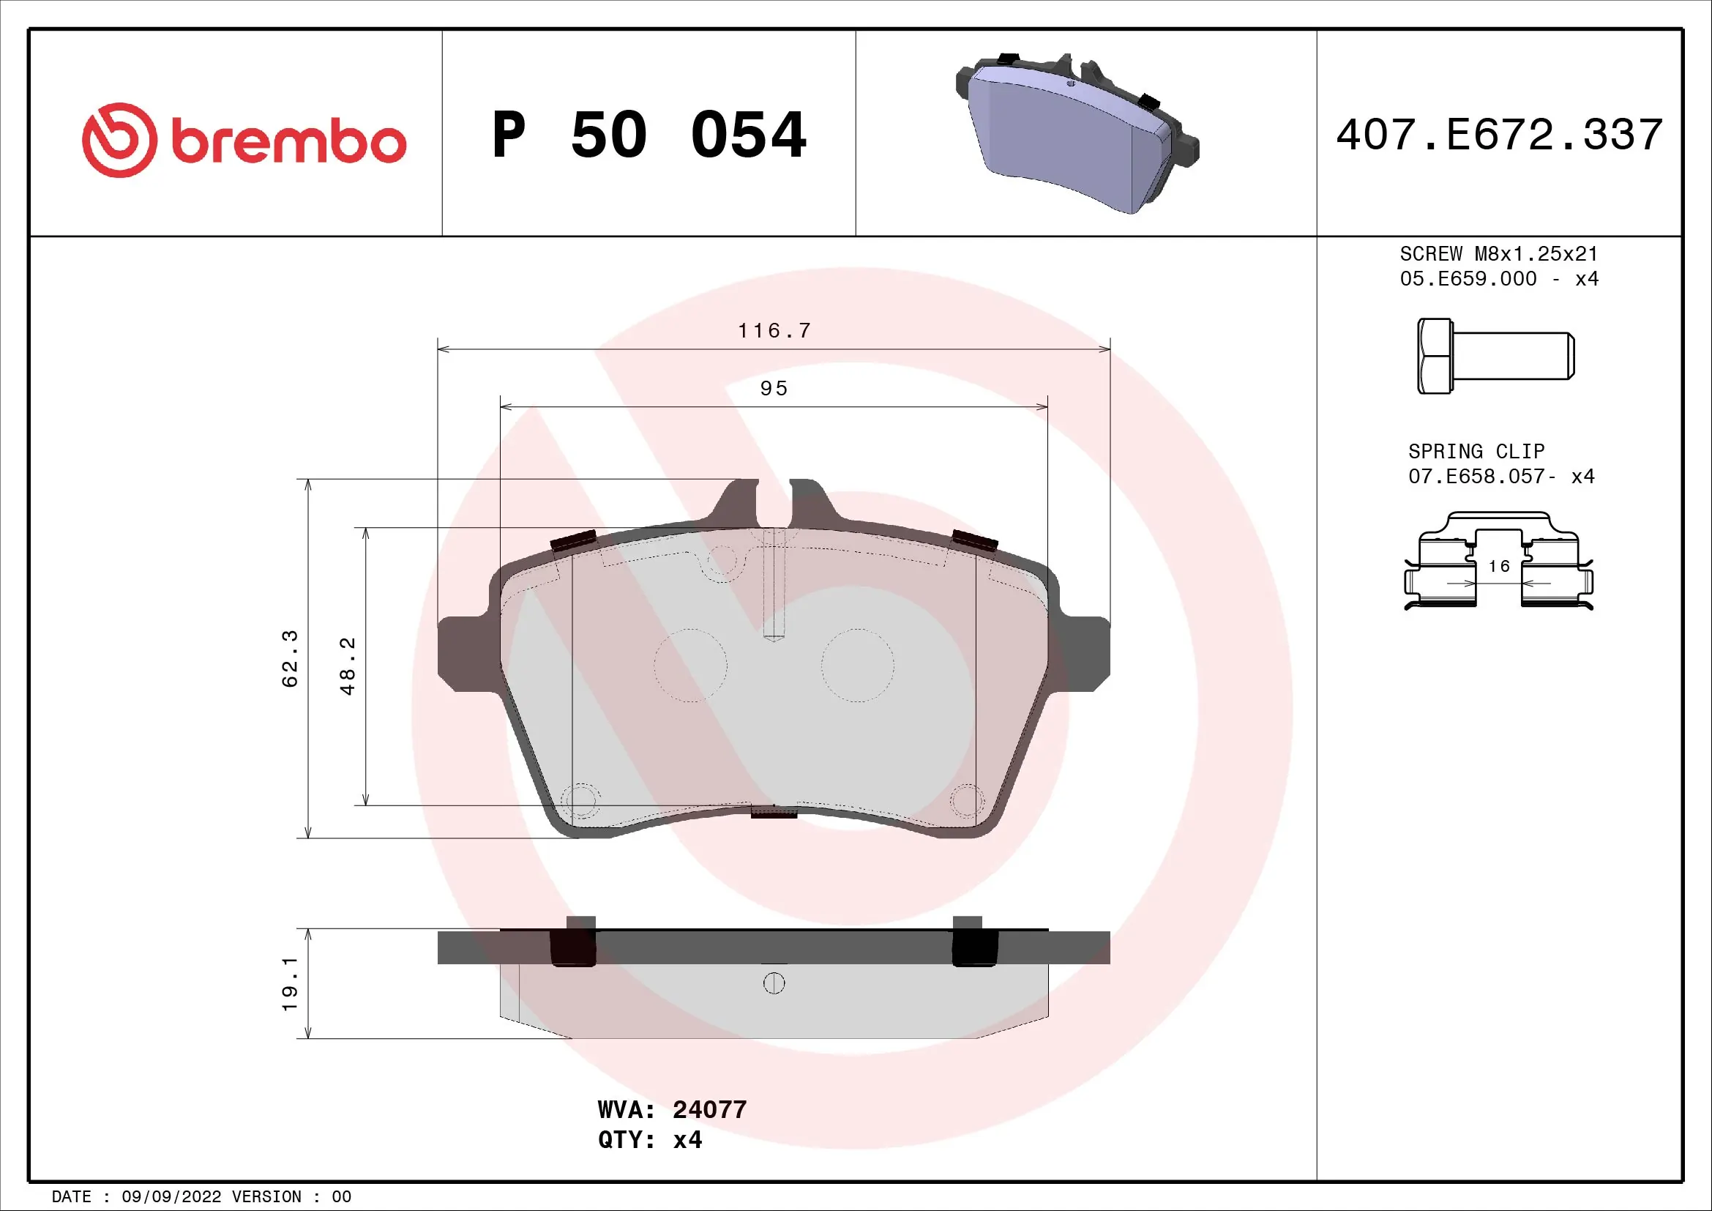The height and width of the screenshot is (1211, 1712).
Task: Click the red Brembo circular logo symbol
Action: point(119,140)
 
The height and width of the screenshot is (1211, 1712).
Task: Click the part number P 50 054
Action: point(648,135)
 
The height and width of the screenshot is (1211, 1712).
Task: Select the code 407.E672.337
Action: point(1499,135)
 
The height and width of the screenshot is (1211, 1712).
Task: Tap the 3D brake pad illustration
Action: point(1077,134)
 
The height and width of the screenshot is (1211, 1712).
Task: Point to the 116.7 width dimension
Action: point(774,330)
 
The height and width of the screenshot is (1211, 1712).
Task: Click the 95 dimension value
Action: point(774,389)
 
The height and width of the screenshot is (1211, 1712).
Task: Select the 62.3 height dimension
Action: point(289,658)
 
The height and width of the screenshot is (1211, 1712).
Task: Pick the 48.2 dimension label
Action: point(348,666)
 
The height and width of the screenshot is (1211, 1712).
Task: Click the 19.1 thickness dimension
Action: point(289,984)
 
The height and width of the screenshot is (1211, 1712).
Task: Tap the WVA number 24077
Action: point(709,1109)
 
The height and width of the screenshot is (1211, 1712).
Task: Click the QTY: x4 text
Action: point(649,1140)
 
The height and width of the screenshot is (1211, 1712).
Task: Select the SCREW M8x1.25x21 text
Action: point(1499,254)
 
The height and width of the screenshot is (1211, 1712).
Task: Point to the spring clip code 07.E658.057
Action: point(1481,477)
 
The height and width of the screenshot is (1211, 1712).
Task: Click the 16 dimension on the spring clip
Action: point(1499,567)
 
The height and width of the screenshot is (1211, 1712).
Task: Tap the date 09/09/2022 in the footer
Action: point(171,1196)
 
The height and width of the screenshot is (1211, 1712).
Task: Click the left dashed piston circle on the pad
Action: point(690,665)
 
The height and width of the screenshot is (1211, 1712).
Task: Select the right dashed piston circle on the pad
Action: point(858,665)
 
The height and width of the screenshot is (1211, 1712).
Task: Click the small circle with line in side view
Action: point(774,983)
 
